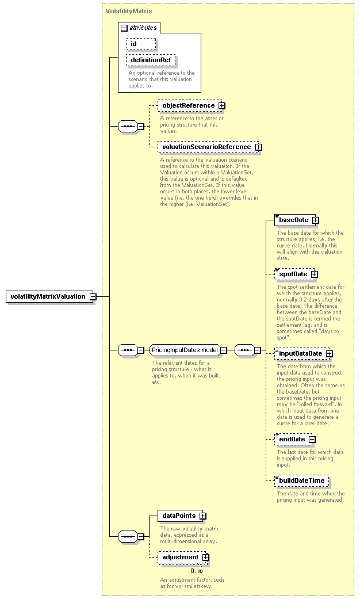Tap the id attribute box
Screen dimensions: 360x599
tap(141, 44)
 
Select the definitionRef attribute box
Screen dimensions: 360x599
tap(151, 60)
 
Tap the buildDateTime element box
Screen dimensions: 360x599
tap(301, 480)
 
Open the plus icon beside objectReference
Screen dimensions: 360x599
tap(222, 106)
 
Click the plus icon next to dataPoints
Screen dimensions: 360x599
tap(202, 516)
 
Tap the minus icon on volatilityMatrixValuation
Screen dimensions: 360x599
tap(93, 297)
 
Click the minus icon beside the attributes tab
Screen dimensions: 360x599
tap(124, 28)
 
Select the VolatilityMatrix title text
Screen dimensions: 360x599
tap(129, 11)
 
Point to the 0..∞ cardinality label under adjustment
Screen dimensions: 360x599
tap(197, 571)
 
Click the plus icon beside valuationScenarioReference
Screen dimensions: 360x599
tap(258, 147)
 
